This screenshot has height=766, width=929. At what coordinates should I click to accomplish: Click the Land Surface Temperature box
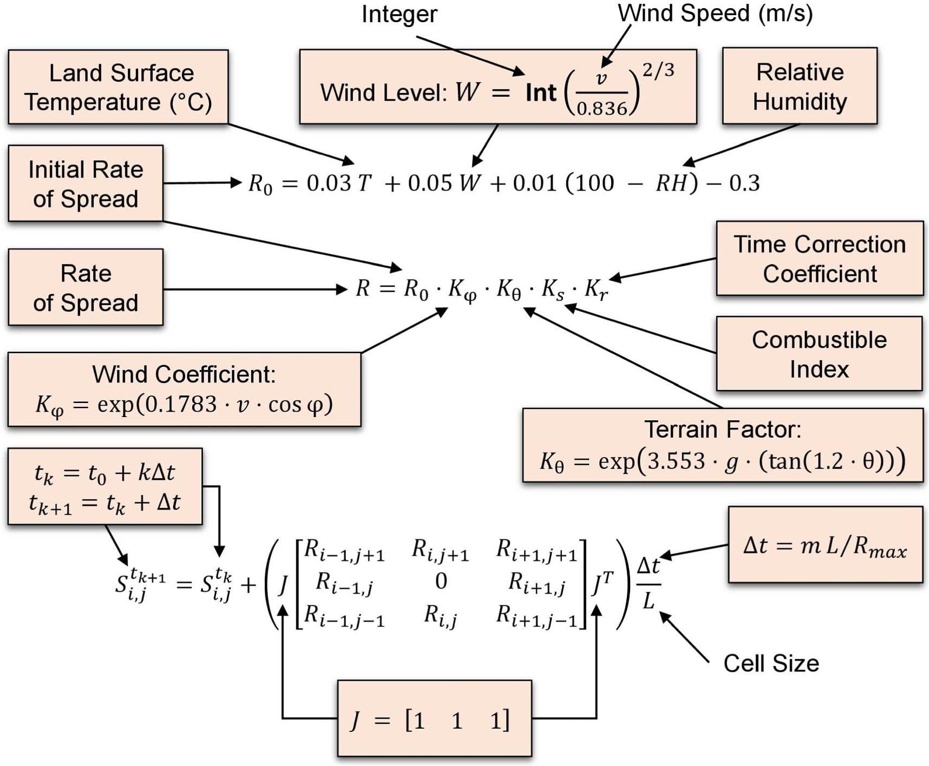pos(118,87)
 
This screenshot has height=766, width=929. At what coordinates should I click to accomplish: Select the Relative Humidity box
pos(800,87)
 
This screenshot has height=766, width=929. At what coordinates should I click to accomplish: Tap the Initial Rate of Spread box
pos(86,184)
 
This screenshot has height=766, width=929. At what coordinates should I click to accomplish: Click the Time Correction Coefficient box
pos(820,259)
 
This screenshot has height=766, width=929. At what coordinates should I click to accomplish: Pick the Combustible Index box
pos(819,354)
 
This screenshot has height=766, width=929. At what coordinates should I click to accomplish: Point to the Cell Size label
pos(771,663)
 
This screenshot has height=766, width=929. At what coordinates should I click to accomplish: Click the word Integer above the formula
pos(399,14)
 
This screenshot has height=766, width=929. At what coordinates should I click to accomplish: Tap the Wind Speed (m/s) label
pos(715,13)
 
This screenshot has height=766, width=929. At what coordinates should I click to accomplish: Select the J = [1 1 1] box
pos(434,719)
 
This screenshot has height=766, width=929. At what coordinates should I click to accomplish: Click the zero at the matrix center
pos(441,582)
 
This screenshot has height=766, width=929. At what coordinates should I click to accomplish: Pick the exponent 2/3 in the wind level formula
pos(658,70)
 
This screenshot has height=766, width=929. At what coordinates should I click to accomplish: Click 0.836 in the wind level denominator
pos(601,109)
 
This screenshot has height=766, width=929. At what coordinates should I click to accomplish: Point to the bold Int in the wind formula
pos(541,93)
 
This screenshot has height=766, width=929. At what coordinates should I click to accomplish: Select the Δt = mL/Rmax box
pos(825,545)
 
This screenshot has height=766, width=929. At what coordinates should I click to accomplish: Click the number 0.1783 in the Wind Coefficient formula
pos(178,404)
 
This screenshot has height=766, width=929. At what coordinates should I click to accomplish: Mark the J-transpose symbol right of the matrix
pos(603,583)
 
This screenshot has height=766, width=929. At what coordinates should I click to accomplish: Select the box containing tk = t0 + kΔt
pos(105,486)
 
